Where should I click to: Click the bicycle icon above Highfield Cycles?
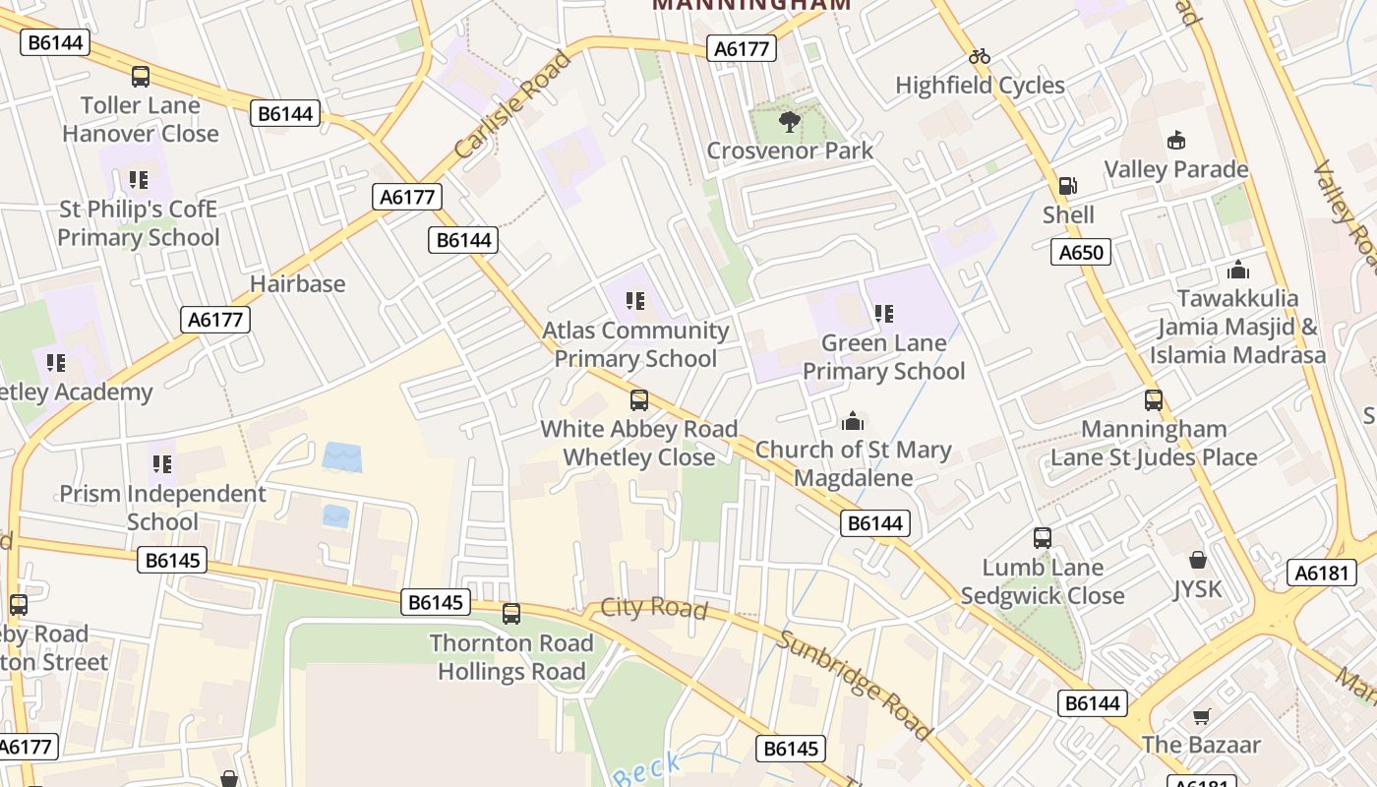tap(979, 57)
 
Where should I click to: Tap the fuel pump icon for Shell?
tap(1067, 186)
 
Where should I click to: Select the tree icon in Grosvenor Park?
tap(789, 122)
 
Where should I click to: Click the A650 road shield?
tap(1080, 252)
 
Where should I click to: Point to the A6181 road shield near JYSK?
tap(1321, 573)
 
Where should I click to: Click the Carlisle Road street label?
tap(512, 105)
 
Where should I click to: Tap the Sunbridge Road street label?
tap(853, 685)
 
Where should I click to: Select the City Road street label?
tap(653, 607)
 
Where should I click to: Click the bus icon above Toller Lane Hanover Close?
tap(141, 77)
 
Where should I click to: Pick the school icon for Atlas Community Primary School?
tap(635, 301)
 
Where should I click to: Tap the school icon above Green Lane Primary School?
tap(883, 314)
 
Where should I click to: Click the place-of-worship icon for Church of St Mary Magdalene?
tap(853, 421)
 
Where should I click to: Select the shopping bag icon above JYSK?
tap(1197, 560)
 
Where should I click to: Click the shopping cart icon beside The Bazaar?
tap(1200, 716)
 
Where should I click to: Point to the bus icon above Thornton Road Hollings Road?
tap(510, 614)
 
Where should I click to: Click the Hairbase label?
tap(297, 284)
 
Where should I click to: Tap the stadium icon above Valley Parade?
tap(1175, 141)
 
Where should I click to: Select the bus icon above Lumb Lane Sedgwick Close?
tap(1043, 538)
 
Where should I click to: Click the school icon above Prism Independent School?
tap(162, 463)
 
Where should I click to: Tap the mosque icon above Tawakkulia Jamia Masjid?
tap(1237, 269)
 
